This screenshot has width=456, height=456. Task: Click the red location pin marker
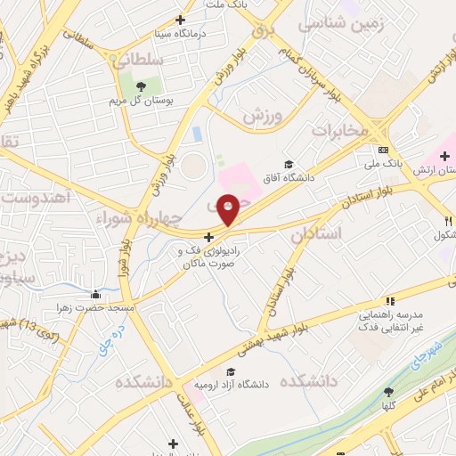click(x=229, y=208)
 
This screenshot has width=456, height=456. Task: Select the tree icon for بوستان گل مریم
click(x=141, y=85)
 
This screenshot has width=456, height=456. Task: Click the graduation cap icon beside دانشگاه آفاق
click(x=288, y=164)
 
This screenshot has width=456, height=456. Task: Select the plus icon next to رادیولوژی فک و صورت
click(x=208, y=238)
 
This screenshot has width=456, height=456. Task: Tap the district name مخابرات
click(x=338, y=130)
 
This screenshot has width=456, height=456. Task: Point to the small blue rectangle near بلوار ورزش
click(x=198, y=134)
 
